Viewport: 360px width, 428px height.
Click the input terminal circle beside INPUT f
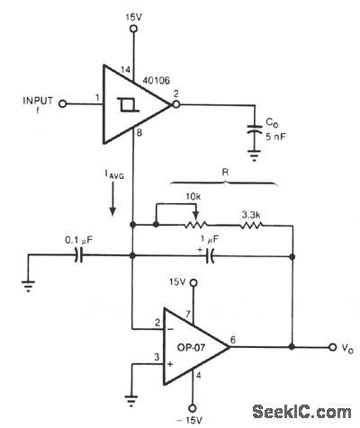[x=63, y=103]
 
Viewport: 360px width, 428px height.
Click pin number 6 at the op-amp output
[x=234, y=339]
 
